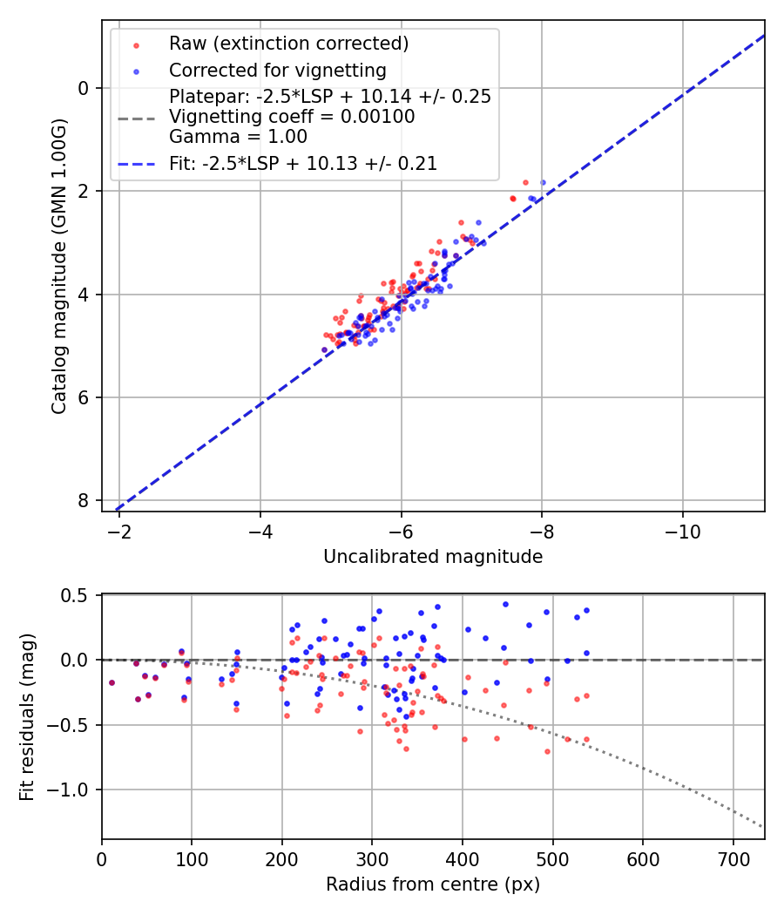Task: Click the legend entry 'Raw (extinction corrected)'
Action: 288,44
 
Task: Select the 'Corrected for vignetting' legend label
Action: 278,70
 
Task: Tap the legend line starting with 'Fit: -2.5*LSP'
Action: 303,163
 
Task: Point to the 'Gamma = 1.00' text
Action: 238,136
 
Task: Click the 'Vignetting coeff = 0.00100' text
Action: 292,117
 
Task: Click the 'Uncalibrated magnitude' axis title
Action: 433,557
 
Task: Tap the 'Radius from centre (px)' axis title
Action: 433,884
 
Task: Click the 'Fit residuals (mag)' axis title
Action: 27,716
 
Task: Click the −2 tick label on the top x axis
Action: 120,530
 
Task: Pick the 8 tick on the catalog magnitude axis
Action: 84,500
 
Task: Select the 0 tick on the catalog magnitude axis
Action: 84,88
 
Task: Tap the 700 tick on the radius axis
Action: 733,857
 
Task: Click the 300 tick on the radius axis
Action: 372,857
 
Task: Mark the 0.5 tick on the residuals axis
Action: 77,595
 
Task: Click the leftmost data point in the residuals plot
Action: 112,682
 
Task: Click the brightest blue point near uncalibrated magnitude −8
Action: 543,182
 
